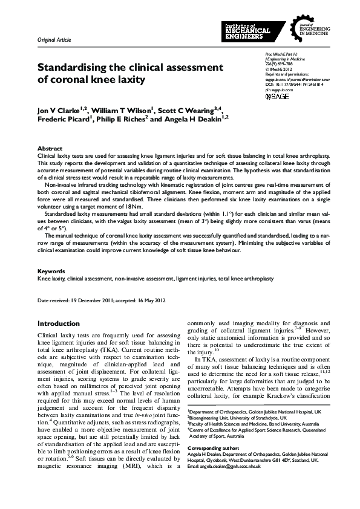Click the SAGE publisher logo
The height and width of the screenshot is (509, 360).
click(278, 96)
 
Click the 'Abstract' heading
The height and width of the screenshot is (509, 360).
click(49, 148)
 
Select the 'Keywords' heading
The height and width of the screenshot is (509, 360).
click(51, 271)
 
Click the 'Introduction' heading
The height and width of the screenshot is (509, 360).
click(58, 323)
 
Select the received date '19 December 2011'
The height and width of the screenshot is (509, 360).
click(91, 300)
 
